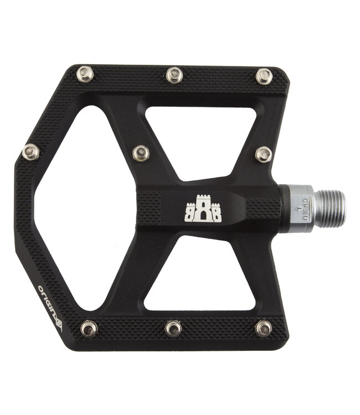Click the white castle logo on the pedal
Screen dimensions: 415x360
click(203, 209)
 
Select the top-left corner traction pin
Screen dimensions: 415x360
click(85, 74)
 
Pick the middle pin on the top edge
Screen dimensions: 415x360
click(174, 75)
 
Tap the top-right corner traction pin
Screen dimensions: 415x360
click(264, 76)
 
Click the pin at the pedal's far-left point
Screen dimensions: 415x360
click(30, 151)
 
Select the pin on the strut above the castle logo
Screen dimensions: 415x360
click(141, 153)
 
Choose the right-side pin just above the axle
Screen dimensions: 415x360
click(264, 154)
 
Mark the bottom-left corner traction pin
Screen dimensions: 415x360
click(89, 328)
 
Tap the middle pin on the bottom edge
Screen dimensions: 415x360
click(173, 328)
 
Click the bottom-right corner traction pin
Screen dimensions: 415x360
click(264, 328)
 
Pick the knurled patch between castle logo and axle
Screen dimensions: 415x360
click(263, 209)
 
